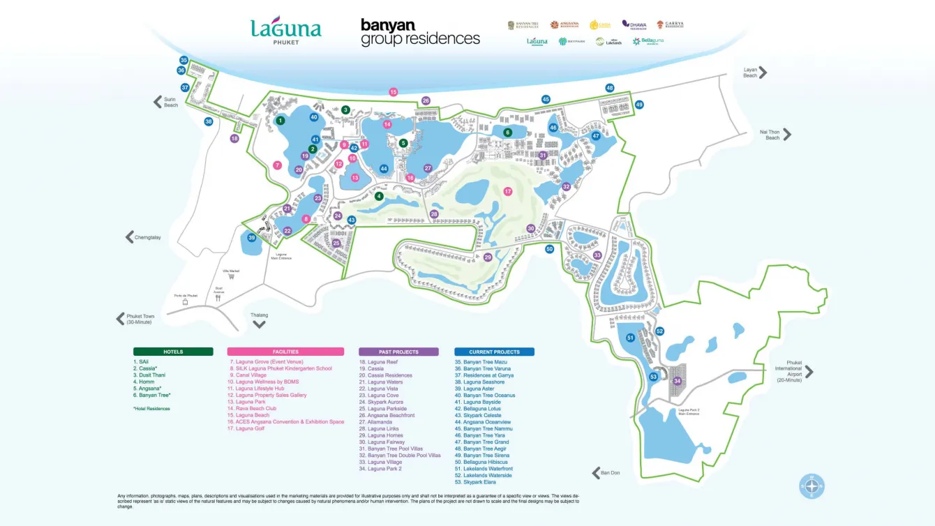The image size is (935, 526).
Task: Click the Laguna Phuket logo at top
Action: tap(286, 30)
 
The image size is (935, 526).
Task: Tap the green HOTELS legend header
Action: tap(173, 352)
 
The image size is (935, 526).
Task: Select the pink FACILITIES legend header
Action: tap(285, 352)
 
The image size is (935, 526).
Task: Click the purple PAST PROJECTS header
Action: tap(398, 352)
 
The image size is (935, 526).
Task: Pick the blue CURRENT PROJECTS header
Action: tap(494, 352)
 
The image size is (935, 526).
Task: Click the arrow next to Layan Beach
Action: tap(763, 72)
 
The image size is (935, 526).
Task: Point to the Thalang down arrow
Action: tap(259, 324)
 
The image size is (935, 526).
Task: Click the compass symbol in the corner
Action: tap(811, 486)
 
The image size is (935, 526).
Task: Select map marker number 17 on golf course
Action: tap(508, 191)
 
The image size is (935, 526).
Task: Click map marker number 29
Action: tap(488, 257)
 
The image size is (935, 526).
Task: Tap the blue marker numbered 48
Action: tap(610, 88)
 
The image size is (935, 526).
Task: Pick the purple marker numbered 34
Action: tap(677, 381)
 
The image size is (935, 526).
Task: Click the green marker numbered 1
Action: tap(280, 121)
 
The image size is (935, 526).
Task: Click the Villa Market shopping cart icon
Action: tap(231, 276)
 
